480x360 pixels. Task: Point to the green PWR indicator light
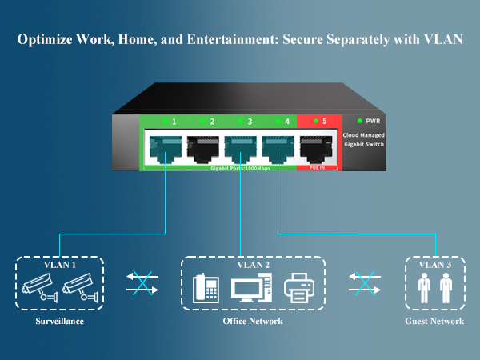coord(360,121)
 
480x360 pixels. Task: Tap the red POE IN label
coord(317,169)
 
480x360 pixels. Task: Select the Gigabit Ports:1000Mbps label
coord(240,169)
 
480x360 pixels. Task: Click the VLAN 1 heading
coord(60,264)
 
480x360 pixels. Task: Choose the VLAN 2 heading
coord(253,264)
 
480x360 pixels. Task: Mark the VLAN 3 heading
coord(435,264)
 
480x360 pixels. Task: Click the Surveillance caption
coord(60,322)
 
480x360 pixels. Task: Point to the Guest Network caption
coord(435,322)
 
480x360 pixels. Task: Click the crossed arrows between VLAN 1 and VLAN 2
coord(142,282)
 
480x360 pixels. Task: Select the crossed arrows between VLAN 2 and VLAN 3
coord(365,282)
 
